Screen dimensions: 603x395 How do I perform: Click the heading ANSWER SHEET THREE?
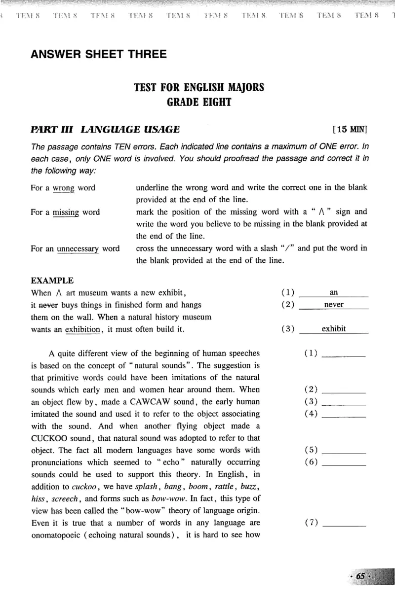click(99, 54)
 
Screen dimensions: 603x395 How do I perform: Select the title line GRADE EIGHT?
click(199, 103)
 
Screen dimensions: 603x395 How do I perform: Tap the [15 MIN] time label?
click(351, 130)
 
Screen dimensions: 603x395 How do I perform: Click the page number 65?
click(360, 576)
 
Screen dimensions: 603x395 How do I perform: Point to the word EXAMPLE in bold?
click(52, 281)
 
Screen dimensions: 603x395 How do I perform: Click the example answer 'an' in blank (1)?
click(334, 292)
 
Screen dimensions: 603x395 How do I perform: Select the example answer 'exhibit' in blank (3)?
click(334, 329)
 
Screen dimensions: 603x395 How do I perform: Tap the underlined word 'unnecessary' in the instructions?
click(79, 248)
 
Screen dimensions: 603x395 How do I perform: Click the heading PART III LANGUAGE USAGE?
click(105, 130)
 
